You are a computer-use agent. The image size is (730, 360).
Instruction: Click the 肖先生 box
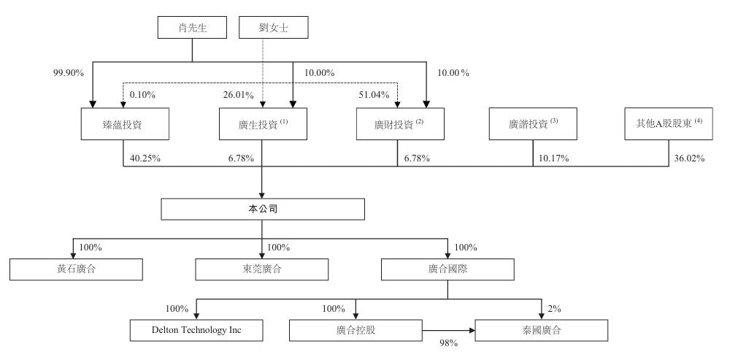(192, 28)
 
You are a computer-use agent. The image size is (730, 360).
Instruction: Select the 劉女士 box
(273, 28)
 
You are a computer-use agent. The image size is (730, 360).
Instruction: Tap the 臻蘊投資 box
(125, 124)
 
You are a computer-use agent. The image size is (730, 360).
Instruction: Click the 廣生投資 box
(263, 124)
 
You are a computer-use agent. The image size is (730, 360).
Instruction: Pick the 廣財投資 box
(400, 124)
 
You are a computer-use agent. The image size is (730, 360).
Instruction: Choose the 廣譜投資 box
(533, 124)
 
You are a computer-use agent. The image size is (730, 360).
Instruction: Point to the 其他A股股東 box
(669, 124)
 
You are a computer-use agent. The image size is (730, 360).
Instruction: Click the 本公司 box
(263, 209)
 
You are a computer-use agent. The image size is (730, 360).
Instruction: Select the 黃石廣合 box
(76, 269)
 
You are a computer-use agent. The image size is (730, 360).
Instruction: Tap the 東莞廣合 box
(261, 269)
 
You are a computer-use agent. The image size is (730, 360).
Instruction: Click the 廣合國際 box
(448, 269)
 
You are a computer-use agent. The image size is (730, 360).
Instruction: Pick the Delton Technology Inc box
(196, 330)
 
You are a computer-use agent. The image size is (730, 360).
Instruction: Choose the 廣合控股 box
(356, 330)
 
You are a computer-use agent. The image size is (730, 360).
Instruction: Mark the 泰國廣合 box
(542, 330)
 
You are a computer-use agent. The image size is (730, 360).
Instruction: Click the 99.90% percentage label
(69, 72)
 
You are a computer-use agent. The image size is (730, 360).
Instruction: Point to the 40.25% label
(145, 158)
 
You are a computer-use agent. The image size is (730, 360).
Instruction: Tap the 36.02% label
(689, 158)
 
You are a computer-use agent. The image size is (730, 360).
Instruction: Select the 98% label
(449, 343)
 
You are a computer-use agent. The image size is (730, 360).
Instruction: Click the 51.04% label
(374, 95)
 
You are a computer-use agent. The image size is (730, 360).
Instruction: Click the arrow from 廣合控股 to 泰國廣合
(449, 331)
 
